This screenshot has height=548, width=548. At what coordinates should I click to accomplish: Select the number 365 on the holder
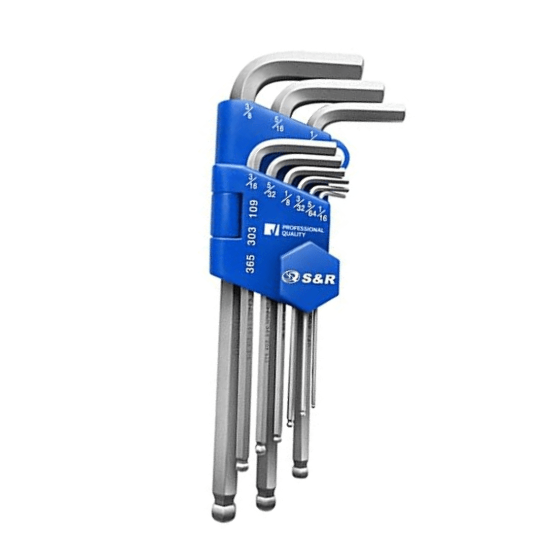[x=250, y=264]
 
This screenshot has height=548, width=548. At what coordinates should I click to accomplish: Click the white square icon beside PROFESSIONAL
[x=272, y=230]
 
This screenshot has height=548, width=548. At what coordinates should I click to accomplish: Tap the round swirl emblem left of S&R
[x=291, y=277]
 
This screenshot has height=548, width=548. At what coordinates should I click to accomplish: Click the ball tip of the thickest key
[x=222, y=511]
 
